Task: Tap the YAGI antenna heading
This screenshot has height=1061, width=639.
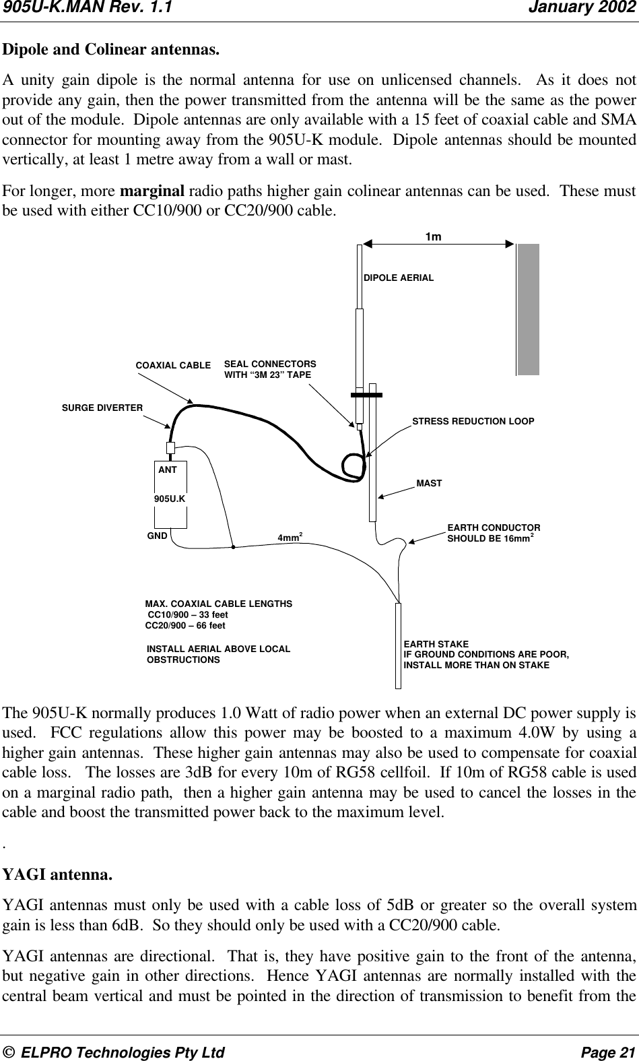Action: tap(58, 875)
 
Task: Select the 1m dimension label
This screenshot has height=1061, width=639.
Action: tap(434, 236)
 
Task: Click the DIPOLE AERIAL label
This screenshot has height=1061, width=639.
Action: tap(399, 278)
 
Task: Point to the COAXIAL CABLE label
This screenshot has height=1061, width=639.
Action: tap(173, 365)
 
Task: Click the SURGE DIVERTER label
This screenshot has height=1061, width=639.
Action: tap(102, 408)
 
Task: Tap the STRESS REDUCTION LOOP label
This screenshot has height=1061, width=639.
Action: tap(473, 421)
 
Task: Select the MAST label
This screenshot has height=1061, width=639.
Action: tap(429, 484)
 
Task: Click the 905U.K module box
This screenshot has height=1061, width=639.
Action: tap(170, 499)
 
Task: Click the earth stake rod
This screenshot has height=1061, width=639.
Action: tap(399, 645)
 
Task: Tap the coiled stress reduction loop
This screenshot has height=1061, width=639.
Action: tap(355, 467)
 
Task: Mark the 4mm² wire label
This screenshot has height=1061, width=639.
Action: tap(290, 538)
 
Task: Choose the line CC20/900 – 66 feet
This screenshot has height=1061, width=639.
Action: tap(186, 626)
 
